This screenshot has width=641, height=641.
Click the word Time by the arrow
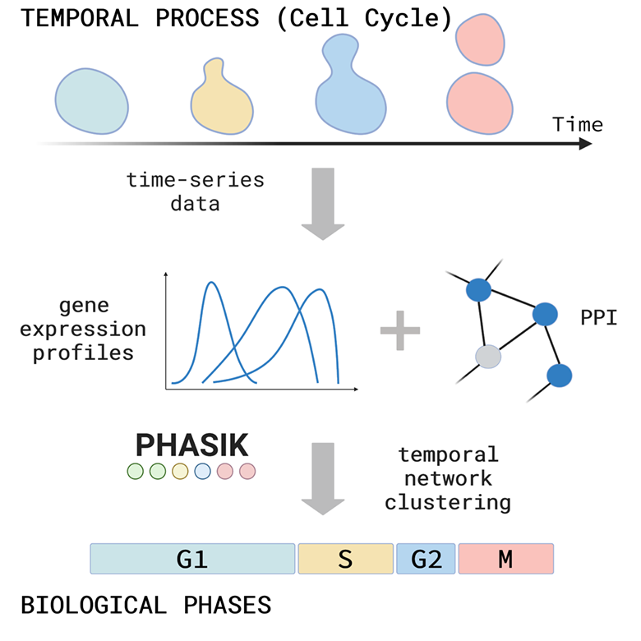pos(577,125)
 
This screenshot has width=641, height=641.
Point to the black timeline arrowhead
pos(584,144)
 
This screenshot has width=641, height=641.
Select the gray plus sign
pos(400,330)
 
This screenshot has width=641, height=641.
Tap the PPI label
pos(599,316)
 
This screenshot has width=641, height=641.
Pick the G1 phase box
pos(192,559)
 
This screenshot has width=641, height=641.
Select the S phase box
pos(345,559)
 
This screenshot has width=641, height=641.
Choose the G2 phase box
pos(426,559)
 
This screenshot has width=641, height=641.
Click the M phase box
pos(505,559)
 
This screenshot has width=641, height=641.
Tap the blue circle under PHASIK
pos(202,472)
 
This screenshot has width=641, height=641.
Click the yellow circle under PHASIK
pos(180,472)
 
